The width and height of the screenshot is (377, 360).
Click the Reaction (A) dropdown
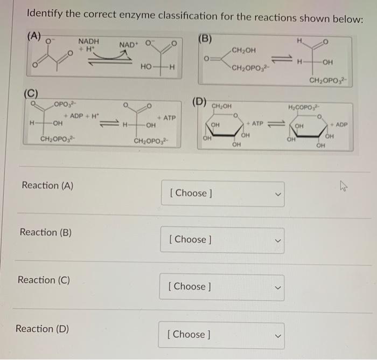[222, 193]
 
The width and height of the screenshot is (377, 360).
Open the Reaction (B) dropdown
[222, 239]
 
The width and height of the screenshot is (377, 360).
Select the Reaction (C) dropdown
[222, 286]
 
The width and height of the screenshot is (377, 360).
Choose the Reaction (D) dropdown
[222, 334]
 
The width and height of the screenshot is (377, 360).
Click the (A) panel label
[34, 37]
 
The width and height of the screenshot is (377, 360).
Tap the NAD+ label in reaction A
[128, 44]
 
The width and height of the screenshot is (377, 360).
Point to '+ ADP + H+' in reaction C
[81, 117]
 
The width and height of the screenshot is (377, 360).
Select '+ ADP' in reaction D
[338, 124]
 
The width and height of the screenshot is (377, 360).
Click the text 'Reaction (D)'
[41, 328]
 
